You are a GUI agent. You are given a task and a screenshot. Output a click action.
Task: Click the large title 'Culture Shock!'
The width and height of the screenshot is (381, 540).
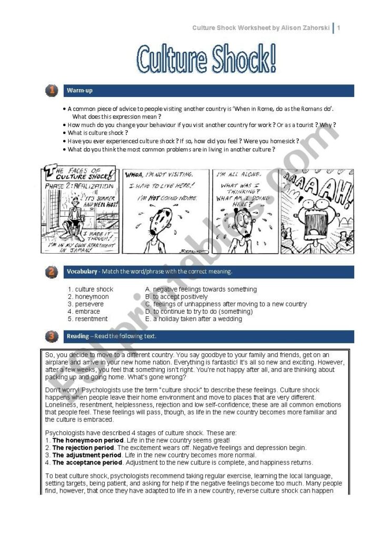click(206, 59)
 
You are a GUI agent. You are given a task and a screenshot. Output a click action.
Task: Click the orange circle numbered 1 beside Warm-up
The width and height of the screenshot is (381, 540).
click(51, 90)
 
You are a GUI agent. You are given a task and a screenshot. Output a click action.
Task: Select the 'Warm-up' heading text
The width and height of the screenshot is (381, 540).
click(79, 91)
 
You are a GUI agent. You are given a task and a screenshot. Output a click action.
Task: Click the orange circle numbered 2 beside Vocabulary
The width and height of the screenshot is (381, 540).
click(51, 272)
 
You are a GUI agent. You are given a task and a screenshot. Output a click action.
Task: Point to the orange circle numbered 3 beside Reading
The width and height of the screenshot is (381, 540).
click(51, 336)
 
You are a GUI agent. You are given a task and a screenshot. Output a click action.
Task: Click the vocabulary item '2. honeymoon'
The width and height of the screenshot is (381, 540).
click(88, 297)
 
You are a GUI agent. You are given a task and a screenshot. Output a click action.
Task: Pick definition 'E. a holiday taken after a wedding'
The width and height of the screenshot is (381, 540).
click(193, 319)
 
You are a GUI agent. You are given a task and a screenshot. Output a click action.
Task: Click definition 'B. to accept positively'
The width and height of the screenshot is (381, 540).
click(176, 297)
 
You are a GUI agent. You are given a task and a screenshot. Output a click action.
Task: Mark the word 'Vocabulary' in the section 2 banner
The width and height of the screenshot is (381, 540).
click(82, 272)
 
